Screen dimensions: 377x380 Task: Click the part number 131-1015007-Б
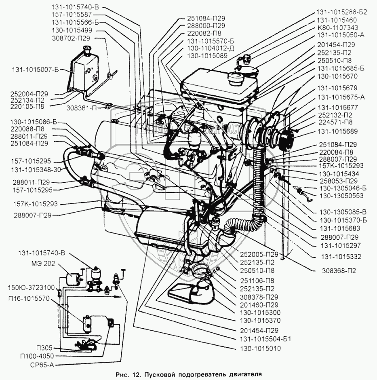tap(36, 70)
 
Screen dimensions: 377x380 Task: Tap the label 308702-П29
tap(71, 38)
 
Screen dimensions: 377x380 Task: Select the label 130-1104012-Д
tap(211, 48)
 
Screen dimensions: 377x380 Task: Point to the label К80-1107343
tap(337, 27)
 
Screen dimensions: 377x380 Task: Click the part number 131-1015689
tap(337, 131)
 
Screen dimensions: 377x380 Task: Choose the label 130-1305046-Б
tap(343, 188)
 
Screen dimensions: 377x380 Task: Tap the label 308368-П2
tap(339, 271)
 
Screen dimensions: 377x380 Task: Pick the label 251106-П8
tap(257, 281)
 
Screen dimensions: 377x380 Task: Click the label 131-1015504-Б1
tap(265, 339)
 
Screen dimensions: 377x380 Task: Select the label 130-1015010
tap(260, 348)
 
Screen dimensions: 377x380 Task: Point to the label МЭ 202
tap(43, 264)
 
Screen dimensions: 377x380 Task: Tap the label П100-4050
tap(37, 356)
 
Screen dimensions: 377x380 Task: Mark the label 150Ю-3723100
tap(31, 288)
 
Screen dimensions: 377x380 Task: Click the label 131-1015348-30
tap(36, 170)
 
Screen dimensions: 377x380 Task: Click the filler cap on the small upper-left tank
tap(86, 49)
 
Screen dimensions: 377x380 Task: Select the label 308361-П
tap(82, 108)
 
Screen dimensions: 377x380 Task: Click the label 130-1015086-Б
tap(34, 122)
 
